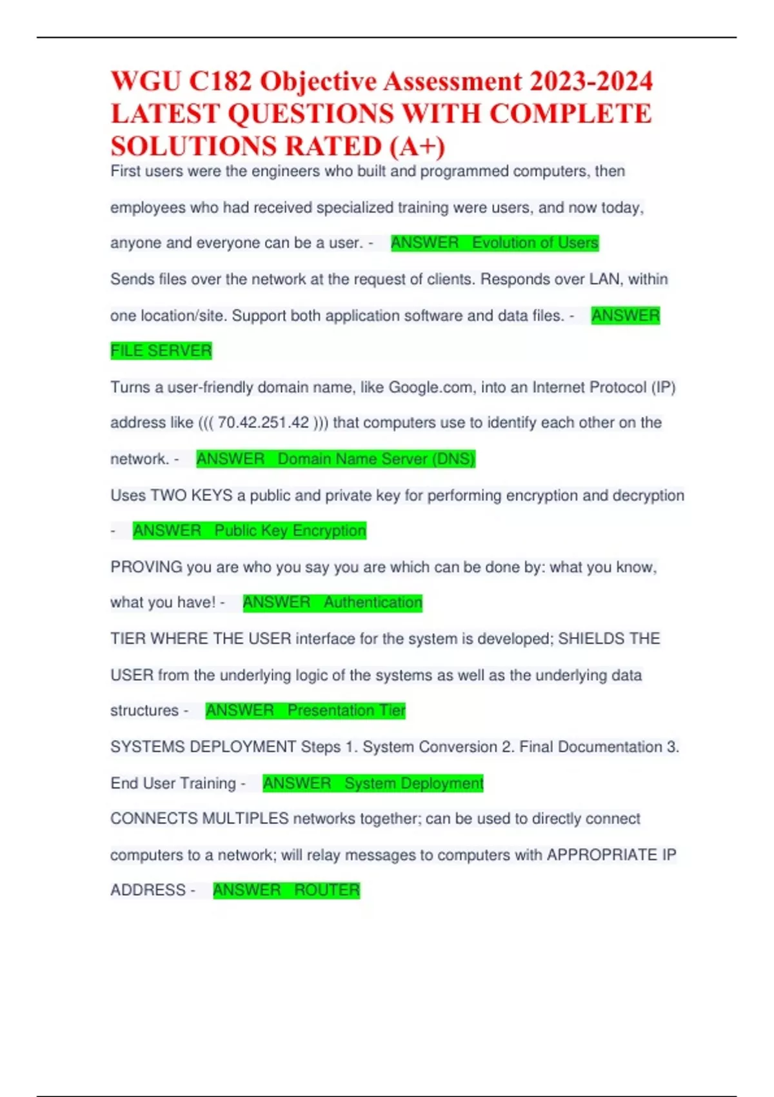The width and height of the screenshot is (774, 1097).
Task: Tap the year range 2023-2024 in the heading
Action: tap(591, 82)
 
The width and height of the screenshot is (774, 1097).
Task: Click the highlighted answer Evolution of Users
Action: tap(535, 243)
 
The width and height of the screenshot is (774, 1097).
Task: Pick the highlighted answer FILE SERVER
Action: tap(161, 351)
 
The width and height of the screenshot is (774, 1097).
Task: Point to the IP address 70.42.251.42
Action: tap(263, 423)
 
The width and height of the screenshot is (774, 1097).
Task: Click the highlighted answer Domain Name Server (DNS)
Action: tap(376, 459)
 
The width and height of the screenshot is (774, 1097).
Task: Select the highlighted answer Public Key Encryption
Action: tap(290, 531)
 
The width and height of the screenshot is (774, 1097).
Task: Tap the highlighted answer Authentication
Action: tap(373, 603)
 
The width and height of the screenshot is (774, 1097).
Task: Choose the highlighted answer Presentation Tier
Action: tap(346, 710)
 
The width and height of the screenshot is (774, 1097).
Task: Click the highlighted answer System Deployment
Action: tap(413, 783)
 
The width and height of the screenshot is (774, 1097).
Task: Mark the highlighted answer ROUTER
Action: tap(327, 891)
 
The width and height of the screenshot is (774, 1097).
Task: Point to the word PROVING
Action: tap(146, 567)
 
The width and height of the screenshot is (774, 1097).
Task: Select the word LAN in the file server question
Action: tap(604, 279)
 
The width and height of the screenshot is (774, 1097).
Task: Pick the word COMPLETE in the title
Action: tap(570, 114)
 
